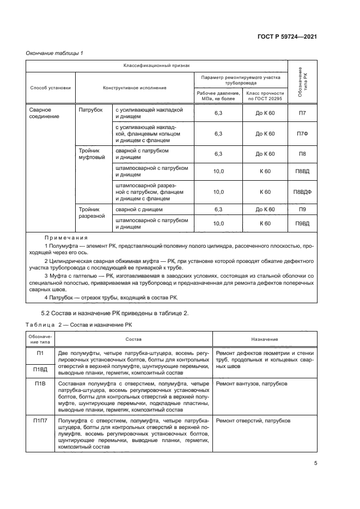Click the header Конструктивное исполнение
[135, 88]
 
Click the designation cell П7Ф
[302, 133]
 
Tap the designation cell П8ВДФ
[302, 192]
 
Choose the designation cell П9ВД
[302, 223]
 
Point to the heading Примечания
[66, 238]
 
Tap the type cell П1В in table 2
[40, 384]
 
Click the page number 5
[316, 464]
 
